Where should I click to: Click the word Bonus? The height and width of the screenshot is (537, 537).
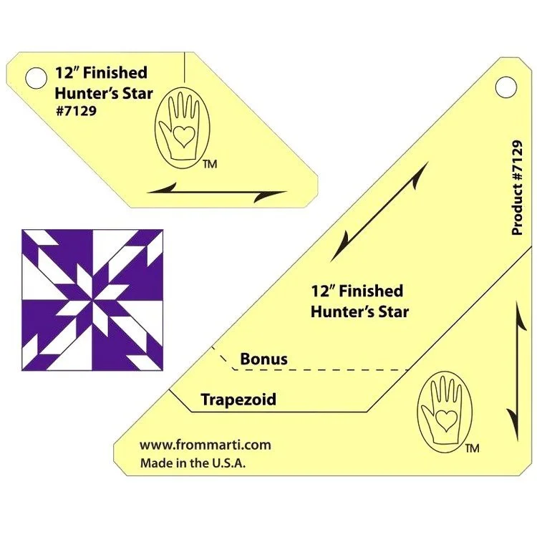263,359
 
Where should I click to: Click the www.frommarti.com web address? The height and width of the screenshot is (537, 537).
205,445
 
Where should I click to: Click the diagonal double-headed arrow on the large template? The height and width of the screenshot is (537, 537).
379,211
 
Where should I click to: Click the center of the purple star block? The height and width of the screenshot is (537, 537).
92,299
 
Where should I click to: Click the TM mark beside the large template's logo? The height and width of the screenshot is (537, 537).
471,449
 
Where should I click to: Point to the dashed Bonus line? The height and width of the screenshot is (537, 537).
322,370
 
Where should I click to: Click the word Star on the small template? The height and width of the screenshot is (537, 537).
137,92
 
